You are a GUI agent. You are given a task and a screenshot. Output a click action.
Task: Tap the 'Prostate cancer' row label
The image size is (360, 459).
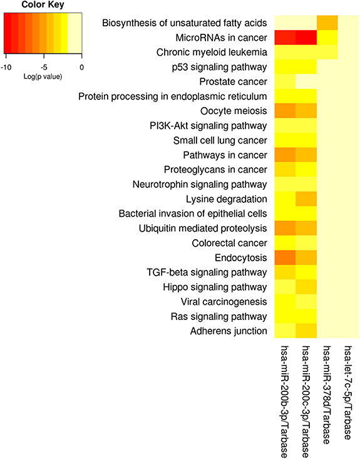[x=235, y=81]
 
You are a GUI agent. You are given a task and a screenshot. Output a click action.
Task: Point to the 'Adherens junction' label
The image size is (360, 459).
[x=230, y=331]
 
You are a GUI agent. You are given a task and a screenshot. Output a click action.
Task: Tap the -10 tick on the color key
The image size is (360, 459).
[x=6, y=65]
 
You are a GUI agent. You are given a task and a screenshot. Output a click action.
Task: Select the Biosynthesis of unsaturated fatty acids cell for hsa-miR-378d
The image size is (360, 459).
[x=327, y=23]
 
